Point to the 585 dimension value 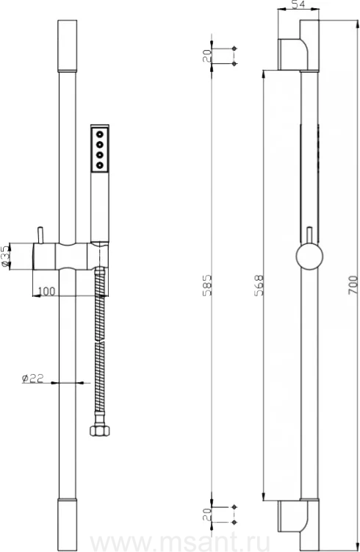[x=207, y=285]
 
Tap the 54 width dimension [x=298, y=4]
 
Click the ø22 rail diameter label [x=33, y=378]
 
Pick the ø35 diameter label [x=5, y=256]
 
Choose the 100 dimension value [x=46, y=291]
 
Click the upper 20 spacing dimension [x=207, y=56]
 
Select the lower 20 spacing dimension [x=207, y=515]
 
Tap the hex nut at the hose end [x=100, y=430]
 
